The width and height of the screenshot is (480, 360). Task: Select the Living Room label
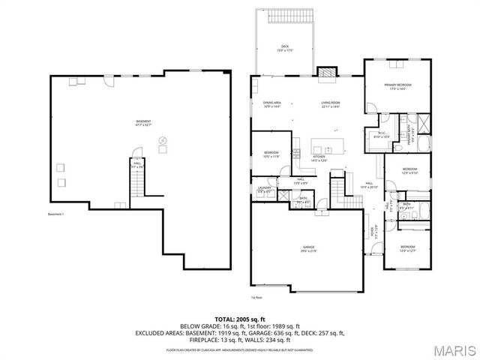[331, 105]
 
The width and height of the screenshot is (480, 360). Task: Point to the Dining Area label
[271, 105]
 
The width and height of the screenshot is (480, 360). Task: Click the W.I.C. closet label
[380, 136]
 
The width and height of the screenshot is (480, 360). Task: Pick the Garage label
[308, 249]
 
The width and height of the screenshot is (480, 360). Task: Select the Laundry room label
[264, 190]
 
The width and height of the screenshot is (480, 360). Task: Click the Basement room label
[142, 123]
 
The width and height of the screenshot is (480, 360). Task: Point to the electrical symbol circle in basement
[163, 140]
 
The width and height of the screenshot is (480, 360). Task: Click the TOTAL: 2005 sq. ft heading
[240, 319]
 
